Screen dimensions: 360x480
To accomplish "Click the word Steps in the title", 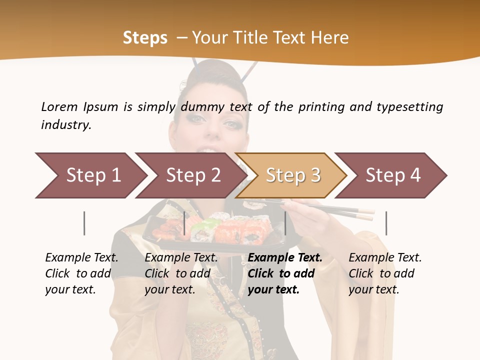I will pos(145,37).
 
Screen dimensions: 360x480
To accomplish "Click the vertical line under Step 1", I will pos(84,223).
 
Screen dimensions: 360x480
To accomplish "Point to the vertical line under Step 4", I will pos(386,223).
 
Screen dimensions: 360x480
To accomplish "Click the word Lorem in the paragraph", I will pos(59,106).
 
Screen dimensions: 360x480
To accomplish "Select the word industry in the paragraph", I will pos(65,125).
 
